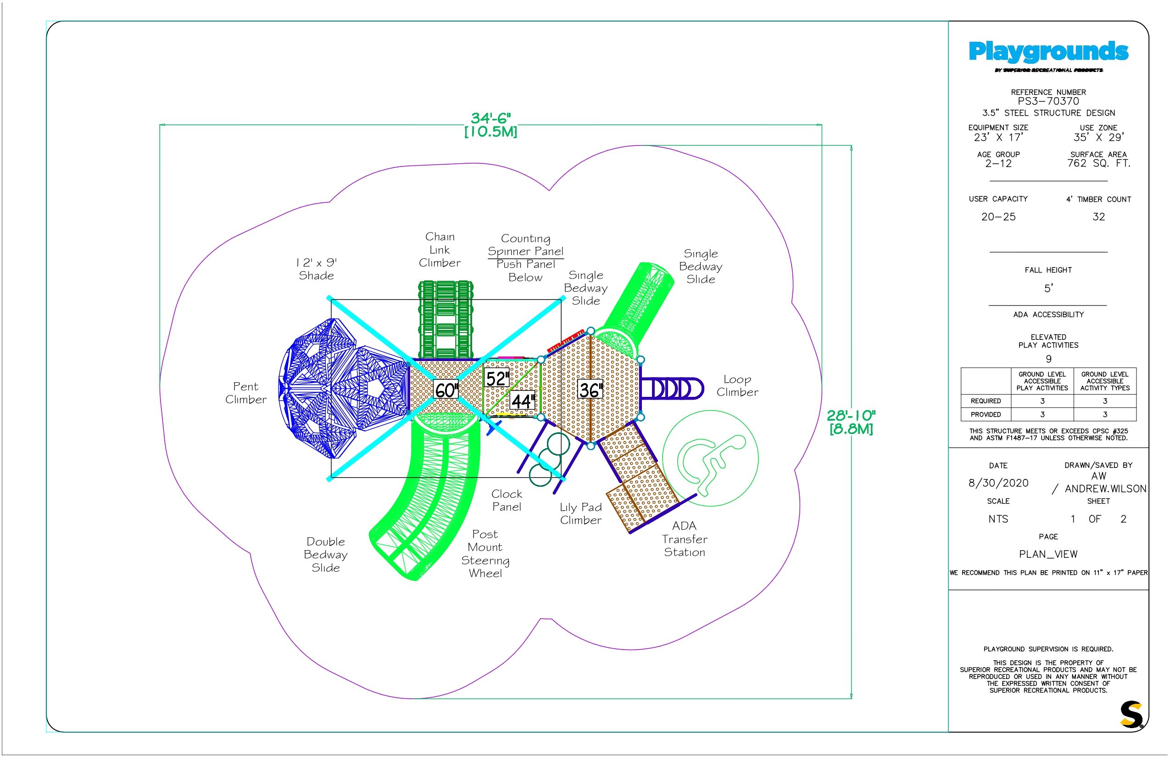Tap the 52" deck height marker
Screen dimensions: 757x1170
point(497,378)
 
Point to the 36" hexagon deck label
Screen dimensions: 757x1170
point(590,390)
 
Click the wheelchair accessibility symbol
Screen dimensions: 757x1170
point(710,458)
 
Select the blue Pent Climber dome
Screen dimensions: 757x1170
point(339,388)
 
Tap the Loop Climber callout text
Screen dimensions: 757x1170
point(737,386)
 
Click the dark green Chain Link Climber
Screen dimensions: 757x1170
point(446,319)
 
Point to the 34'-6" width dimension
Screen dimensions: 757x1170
point(490,125)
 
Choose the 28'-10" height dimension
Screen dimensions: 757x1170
point(851,422)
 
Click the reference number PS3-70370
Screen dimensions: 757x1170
point(1048,101)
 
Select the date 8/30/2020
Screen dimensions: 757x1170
point(998,483)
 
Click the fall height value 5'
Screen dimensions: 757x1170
point(1048,289)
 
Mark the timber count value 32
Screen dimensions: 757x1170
point(1098,217)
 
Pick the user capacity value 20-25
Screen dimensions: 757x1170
point(998,217)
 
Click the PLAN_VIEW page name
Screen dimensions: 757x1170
point(1048,555)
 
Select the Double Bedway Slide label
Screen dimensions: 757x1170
point(325,555)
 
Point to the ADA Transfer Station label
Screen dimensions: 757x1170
point(684,539)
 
